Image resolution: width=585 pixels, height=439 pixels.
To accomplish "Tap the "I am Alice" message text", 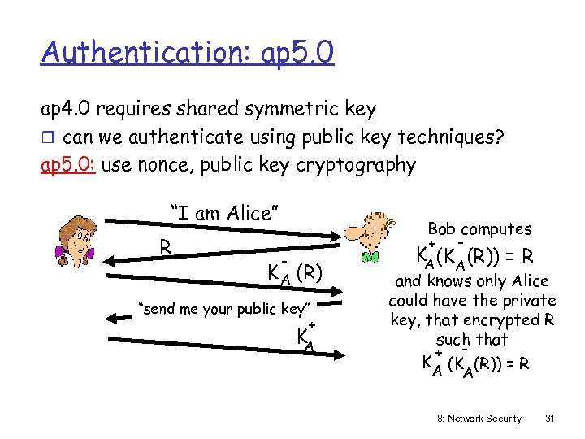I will pos(225,213).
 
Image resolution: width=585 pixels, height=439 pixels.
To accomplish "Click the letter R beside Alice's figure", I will pos(165,246).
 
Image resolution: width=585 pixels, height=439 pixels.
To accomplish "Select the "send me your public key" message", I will pos(225,309).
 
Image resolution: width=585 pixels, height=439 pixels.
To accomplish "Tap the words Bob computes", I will pos(479,229).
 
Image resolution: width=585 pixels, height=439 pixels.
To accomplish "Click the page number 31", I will pos(549,419).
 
